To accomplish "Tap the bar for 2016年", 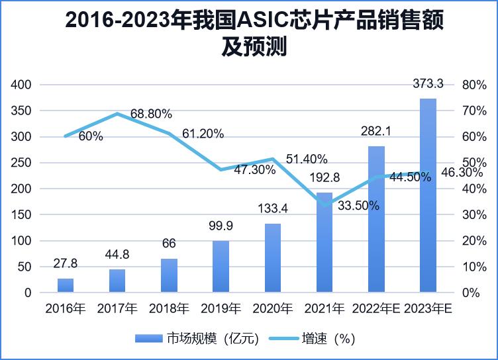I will [x=66, y=285].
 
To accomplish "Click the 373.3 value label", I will [x=428, y=83].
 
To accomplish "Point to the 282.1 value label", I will [x=375, y=132].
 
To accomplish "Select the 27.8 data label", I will [x=66, y=263].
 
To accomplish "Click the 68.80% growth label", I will [x=151, y=114].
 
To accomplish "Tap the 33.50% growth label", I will [x=358, y=206].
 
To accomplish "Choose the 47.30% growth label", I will [x=255, y=169].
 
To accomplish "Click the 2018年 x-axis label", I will [x=169, y=309].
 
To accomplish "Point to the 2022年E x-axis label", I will [x=376, y=309].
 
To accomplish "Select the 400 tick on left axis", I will [x=22, y=85].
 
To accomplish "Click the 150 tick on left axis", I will [x=22, y=215].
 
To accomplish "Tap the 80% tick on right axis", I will [x=474, y=85].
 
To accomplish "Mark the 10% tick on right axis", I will [x=474, y=267].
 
